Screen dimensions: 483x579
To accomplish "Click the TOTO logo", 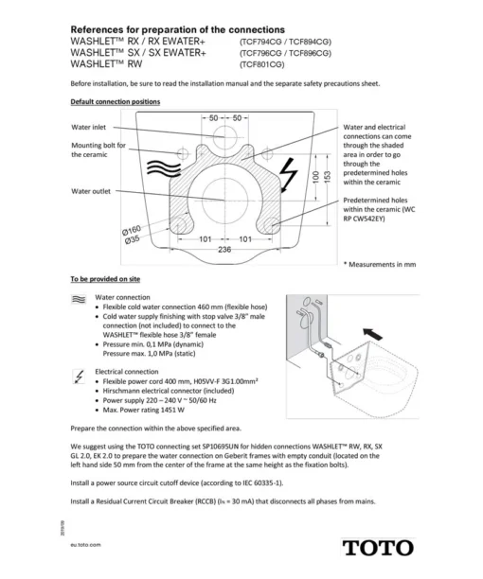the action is click(x=378, y=548).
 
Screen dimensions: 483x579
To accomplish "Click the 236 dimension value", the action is click(x=224, y=250).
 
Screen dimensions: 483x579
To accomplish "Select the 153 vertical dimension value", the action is click(x=328, y=177).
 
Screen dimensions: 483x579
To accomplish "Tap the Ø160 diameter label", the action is click(x=132, y=230).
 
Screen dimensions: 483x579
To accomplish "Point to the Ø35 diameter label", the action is click(x=132, y=239).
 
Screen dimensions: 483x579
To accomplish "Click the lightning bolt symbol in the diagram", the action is click(x=288, y=175).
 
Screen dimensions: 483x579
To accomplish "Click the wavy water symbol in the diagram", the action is click(x=164, y=168).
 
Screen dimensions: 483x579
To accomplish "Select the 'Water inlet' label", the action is click(x=88, y=127).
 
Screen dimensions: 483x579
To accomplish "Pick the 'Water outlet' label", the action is click(x=91, y=191).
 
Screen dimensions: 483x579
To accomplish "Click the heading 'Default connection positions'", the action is click(x=116, y=101).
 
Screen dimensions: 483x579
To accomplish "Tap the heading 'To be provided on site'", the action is click(x=105, y=279).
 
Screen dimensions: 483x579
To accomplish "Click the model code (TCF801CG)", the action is click(x=262, y=64).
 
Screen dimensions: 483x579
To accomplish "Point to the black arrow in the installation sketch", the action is click(x=372, y=333).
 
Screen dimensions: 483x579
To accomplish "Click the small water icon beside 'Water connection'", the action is click(x=79, y=300).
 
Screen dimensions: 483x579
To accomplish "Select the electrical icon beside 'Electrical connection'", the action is click(x=79, y=377).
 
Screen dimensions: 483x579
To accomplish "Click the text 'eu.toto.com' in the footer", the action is click(x=85, y=545).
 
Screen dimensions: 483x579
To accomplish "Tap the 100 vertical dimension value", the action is click(x=315, y=177).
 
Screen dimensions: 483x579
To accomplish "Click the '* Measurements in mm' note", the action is click(x=380, y=264).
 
